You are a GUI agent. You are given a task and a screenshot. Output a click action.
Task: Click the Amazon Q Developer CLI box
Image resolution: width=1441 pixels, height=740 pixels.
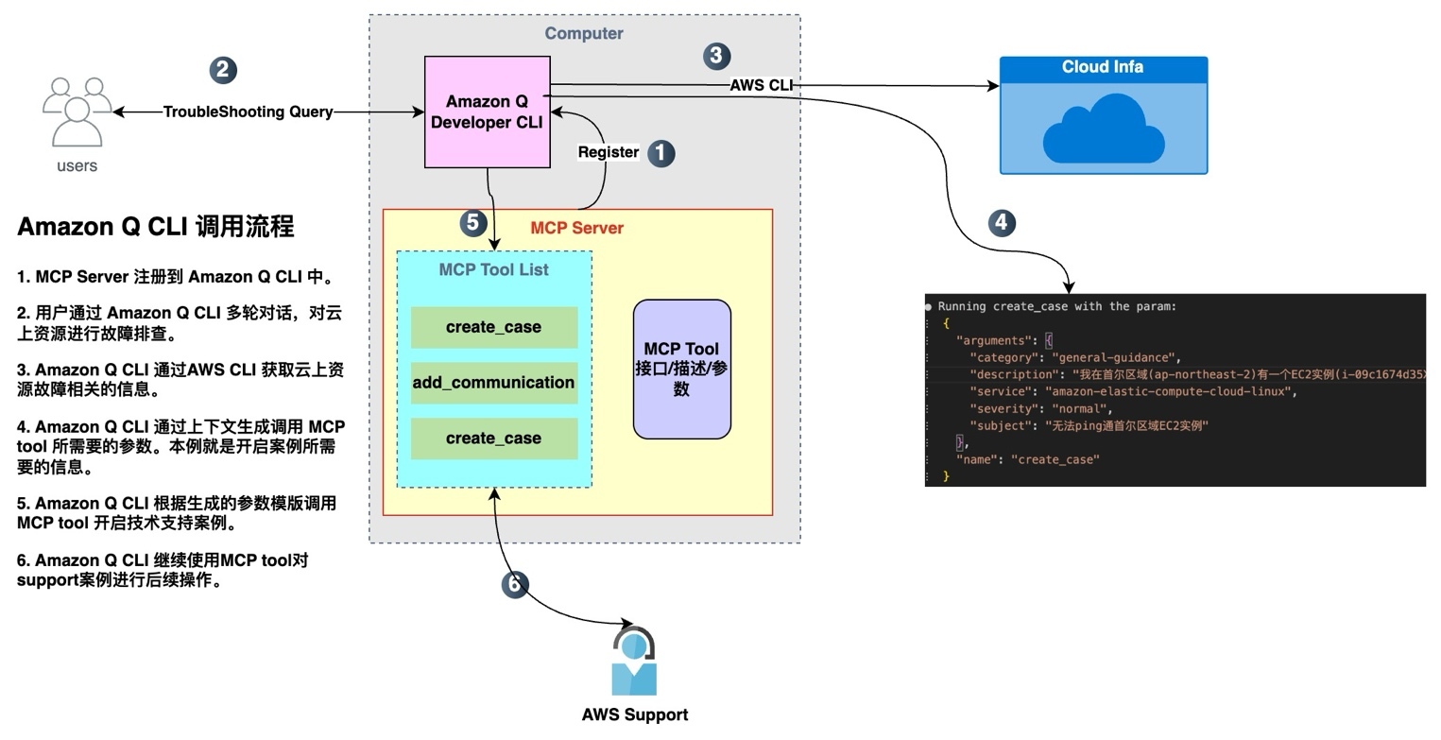(487, 112)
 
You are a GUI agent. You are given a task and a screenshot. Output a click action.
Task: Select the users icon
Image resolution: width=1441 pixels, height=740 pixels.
(77, 112)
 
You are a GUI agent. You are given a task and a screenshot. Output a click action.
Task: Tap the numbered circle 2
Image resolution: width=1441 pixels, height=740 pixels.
(223, 69)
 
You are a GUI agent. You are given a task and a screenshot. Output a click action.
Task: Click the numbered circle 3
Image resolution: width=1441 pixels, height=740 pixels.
(717, 56)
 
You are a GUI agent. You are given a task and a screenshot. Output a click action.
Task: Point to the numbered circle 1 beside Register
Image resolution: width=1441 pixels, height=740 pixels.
(660, 153)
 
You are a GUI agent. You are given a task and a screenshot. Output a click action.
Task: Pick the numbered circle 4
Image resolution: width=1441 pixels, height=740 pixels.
(1002, 223)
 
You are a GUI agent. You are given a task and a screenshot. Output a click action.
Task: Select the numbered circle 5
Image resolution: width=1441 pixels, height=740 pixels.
(473, 223)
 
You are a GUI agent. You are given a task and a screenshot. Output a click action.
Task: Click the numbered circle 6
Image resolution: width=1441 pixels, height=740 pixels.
(514, 585)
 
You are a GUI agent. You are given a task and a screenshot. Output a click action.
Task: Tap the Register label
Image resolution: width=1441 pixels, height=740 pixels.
(608, 152)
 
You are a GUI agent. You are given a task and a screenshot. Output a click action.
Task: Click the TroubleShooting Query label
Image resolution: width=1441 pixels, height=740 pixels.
(248, 112)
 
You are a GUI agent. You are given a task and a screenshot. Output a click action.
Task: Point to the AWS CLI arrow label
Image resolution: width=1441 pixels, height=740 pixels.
(761, 85)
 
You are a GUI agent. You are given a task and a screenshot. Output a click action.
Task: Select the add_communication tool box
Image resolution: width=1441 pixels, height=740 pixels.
(493, 383)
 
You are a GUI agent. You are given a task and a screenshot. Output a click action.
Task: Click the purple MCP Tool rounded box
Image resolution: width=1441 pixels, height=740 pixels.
(681, 370)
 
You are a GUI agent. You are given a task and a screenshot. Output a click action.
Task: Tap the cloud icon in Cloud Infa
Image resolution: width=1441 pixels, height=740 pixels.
(1103, 134)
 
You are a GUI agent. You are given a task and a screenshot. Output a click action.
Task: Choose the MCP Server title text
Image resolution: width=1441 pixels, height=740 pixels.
(576, 228)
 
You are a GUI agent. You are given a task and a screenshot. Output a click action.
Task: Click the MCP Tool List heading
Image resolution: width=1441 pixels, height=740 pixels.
(493, 270)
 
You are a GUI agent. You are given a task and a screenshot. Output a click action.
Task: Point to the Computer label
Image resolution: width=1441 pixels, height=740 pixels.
(584, 34)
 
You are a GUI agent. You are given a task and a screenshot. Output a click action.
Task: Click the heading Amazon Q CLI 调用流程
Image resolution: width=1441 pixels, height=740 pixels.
(156, 227)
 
